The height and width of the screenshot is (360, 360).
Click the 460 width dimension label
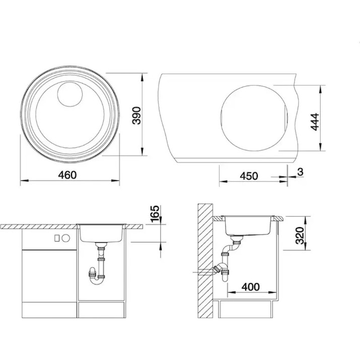tap(67, 175)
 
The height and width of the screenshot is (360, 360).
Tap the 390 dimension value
tap(136, 115)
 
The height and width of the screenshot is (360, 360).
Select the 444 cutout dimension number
tap(315, 122)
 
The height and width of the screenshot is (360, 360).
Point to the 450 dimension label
tap(249, 176)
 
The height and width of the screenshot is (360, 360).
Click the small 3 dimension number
tap(300, 172)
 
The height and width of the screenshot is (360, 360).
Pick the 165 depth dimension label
tap(155, 214)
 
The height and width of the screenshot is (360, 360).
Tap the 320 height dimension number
tap(300, 236)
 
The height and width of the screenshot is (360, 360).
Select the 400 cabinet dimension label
tap(250, 287)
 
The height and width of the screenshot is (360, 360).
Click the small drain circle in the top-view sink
tap(70, 94)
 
